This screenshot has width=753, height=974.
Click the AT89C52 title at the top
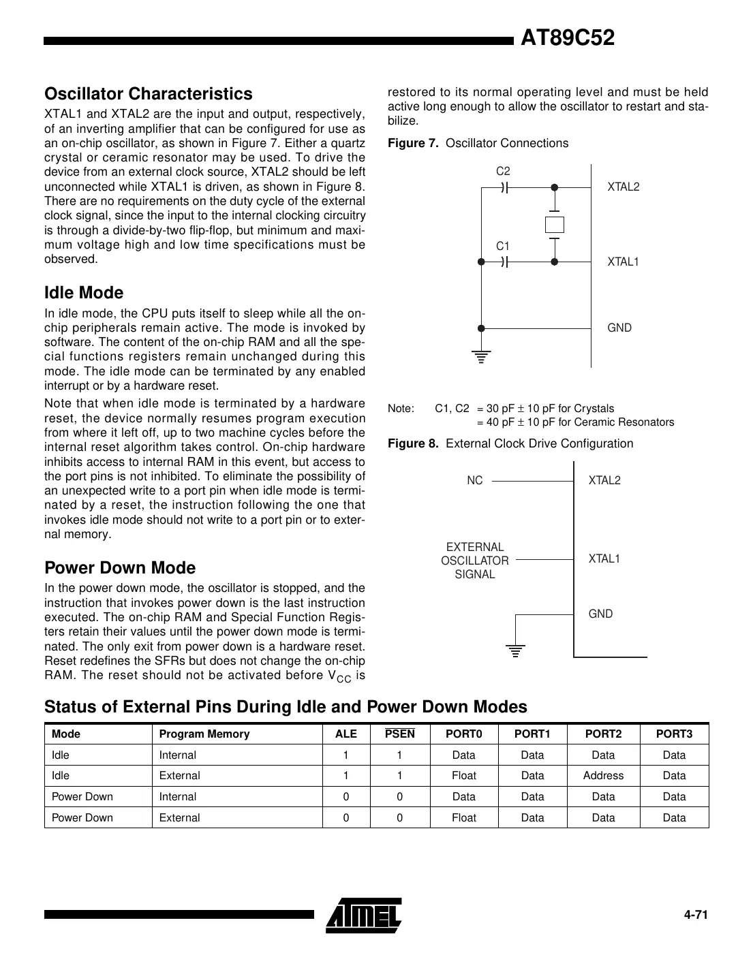click(567, 38)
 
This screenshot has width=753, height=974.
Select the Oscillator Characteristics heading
click(148, 94)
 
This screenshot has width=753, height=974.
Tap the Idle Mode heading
click(84, 293)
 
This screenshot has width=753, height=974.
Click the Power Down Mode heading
click(120, 568)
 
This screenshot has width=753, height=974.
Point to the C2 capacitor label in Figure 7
click(503, 172)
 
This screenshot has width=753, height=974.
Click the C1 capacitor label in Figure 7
click(503, 246)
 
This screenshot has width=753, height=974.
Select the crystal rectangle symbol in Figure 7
click(555, 224)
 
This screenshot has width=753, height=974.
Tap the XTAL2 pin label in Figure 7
click(624, 187)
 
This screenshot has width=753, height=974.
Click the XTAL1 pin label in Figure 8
click(604, 559)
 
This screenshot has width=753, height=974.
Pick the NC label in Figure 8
click(474, 480)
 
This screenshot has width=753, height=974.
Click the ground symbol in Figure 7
click(481, 356)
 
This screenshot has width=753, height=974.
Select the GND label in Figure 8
click(600, 614)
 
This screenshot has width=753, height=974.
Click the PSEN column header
click(399, 734)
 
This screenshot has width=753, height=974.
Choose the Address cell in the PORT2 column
click(603, 775)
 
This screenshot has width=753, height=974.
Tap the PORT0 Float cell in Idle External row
click(464, 775)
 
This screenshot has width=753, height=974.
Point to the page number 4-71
click(696, 915)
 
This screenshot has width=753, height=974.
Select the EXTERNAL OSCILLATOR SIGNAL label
click(474, 561)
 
